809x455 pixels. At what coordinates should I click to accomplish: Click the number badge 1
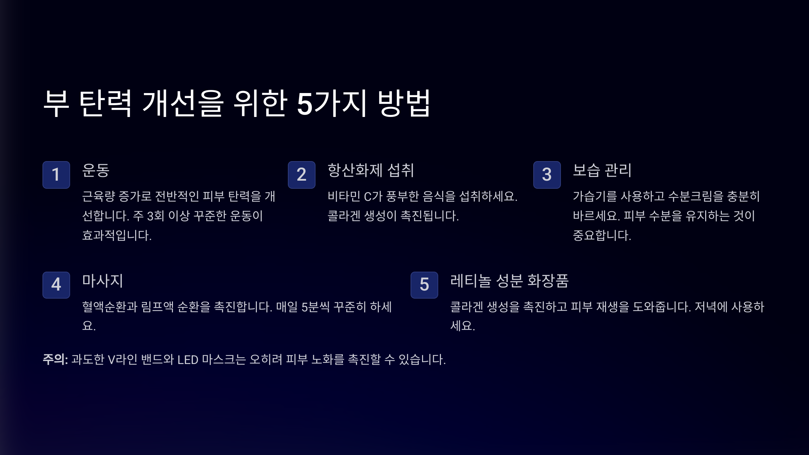[x=56, y=175]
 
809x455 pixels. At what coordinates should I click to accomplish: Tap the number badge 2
[x=301, y=175]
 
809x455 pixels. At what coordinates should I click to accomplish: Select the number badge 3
[x=547, y=175]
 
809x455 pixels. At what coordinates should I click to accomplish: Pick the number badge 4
[x=56, y=285]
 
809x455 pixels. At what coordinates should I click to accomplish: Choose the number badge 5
[x=424, y=285]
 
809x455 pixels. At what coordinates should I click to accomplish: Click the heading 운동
[x=96, y=170]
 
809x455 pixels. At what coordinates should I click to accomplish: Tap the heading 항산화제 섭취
[x=370, y=170]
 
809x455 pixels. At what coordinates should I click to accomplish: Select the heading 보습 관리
[x=602, y=170]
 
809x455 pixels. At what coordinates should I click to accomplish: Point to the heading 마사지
[x=102, y=281]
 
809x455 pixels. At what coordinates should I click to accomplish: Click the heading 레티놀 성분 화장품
[x=509, y=281]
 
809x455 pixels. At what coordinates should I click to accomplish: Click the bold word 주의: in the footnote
[x=55, y=359]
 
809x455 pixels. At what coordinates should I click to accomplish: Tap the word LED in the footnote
[x=188, y=360]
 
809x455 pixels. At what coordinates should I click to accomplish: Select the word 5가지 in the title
[x=332, y=103]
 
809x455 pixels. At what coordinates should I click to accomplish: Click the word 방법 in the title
[x=404, y=103]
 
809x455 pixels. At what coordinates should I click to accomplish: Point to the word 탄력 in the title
[x=105, y=103]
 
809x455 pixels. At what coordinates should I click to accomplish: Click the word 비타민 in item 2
[x=344, y=196]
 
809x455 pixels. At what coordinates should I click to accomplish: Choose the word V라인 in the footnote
[x=122, y=360]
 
